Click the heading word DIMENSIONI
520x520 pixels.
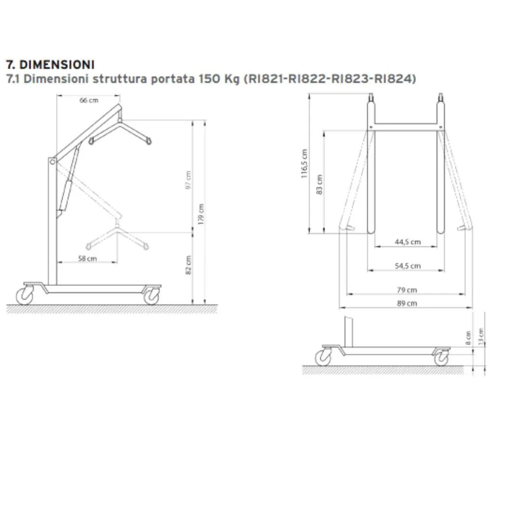[x=57, y=65]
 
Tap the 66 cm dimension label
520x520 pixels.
[x=89, y=100]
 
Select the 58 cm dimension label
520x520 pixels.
[x=88, y=259]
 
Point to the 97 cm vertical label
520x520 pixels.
[x=188, y=180]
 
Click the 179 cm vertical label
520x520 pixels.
[x=201, y=214]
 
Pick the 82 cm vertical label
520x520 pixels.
[x=188, y=265]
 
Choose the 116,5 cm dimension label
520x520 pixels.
[x=304, y=164]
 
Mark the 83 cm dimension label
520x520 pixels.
[x=319, y=185]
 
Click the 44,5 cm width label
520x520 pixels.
[x=408, y=242]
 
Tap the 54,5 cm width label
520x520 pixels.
[x=408, y=266]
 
